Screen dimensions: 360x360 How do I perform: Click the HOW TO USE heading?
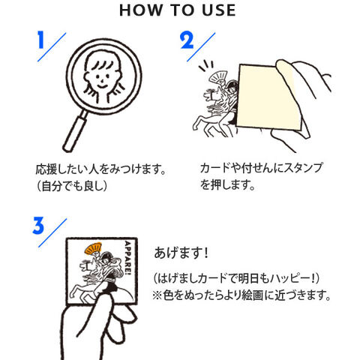pos(177,10)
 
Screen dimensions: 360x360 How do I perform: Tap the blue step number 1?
pos(40,40)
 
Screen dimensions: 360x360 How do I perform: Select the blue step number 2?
pos(187,40)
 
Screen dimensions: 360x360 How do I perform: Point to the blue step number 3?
pos(38,226)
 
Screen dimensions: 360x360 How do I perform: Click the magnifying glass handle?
pos(76,130)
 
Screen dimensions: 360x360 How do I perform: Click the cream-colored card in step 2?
pos(269,97)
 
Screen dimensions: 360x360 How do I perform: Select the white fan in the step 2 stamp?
pos(218,77)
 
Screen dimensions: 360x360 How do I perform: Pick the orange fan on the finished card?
pos(94,248)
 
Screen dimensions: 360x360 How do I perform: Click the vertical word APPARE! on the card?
pos(127,258)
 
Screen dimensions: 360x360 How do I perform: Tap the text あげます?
pos(181,253)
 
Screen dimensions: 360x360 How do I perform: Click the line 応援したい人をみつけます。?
pos(101,169)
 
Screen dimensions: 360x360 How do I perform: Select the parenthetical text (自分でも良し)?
pos(72,186)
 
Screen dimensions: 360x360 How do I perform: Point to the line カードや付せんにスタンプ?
pos(262,168)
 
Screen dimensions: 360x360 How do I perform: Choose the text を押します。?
pos(227,184)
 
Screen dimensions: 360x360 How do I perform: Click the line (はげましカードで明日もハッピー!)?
pos(236,278)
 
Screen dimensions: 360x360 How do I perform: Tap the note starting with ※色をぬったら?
pos(241,295)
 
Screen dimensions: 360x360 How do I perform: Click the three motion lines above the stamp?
pos(206,66)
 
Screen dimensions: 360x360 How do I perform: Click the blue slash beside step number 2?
pos(201,46)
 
